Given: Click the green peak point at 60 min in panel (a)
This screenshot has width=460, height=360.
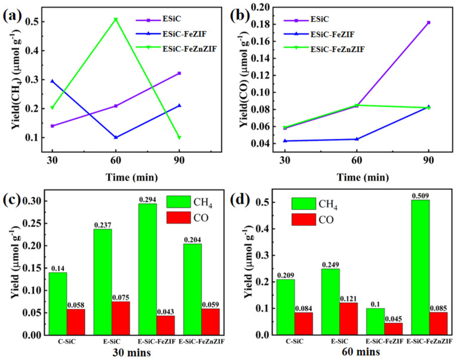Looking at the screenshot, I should (x=115, y=20).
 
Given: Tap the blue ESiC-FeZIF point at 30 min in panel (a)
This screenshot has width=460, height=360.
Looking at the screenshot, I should (x=52, y=81).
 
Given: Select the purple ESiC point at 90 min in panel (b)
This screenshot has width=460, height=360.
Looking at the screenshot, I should (x=428, y=22).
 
